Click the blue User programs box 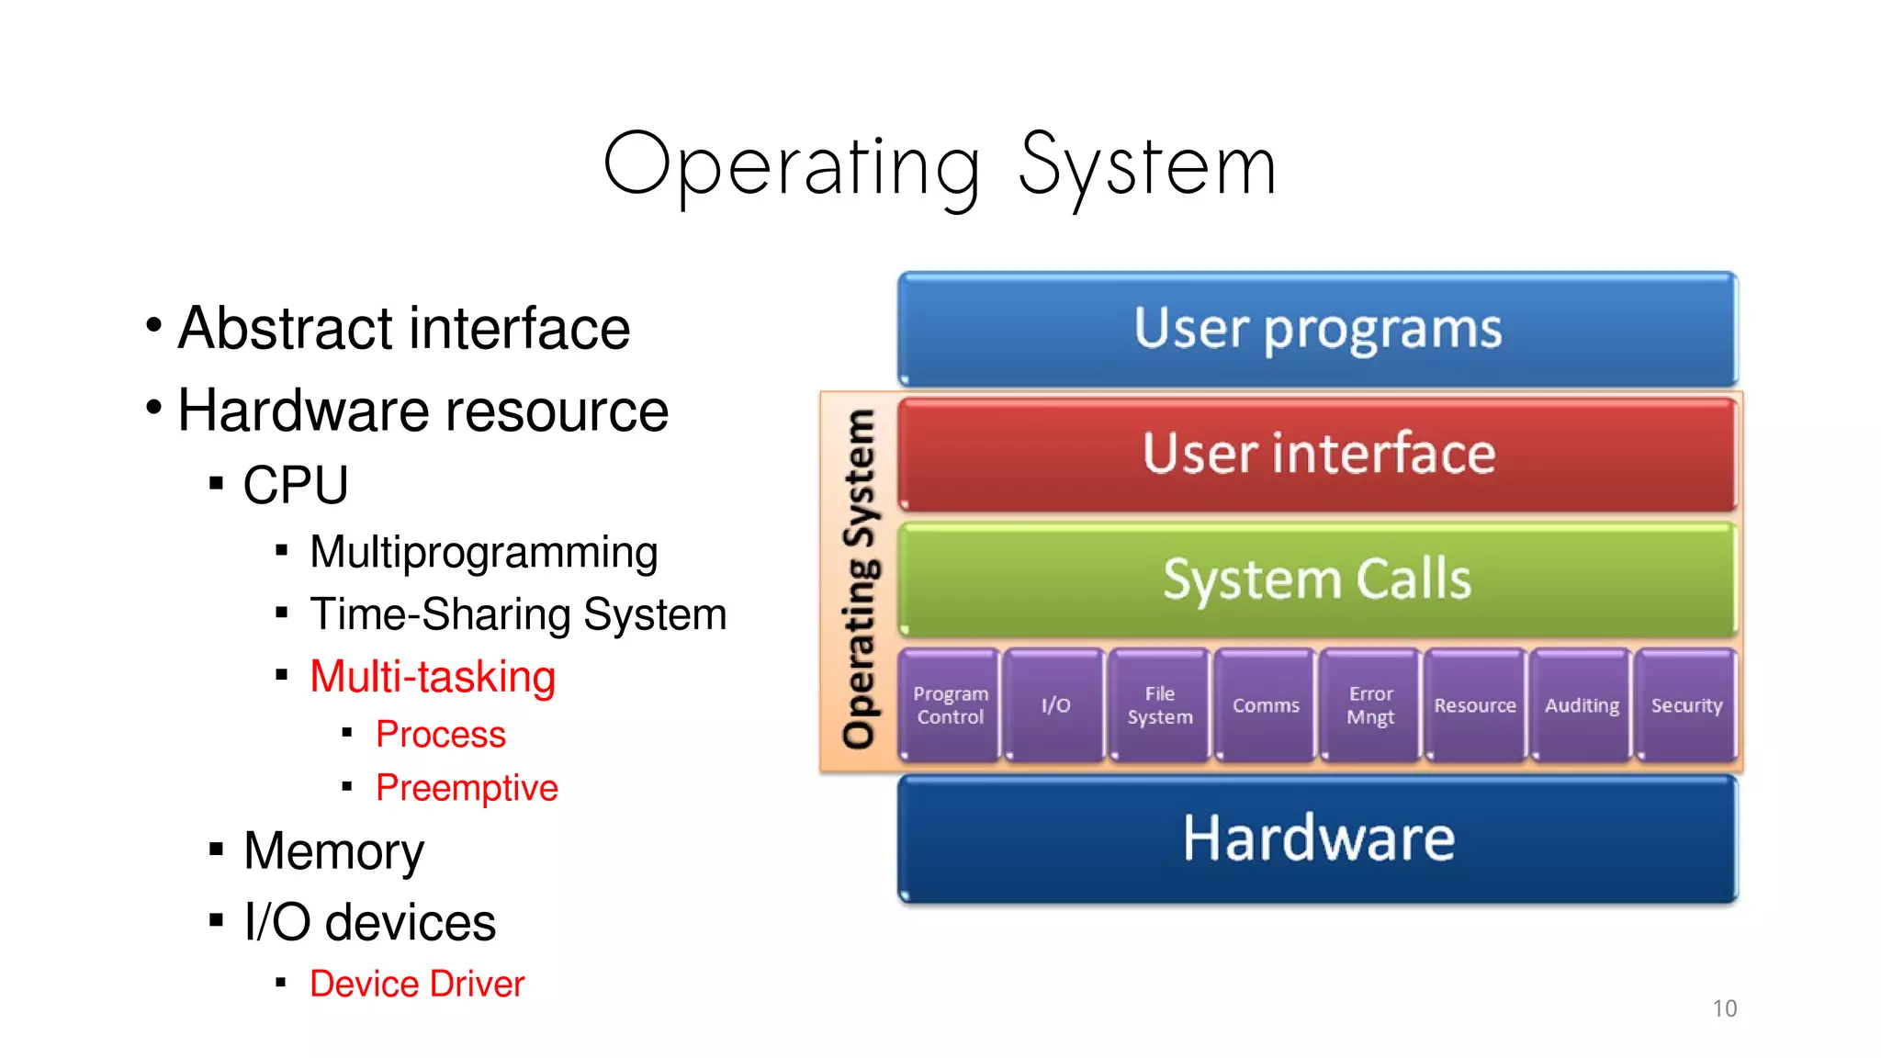1317,329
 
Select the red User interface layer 1317,454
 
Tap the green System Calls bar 1317,580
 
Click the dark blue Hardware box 1317,839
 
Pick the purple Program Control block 950,705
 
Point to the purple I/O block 1055,705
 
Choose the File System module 1160,705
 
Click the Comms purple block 1266,705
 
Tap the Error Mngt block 1370,705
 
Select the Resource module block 1475,705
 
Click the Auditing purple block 1582,705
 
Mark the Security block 1686,705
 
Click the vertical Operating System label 860,580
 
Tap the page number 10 1724,1008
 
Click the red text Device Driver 417,984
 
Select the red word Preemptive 467,788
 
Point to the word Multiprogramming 483,553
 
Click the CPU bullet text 296,485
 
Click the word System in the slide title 1147,167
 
